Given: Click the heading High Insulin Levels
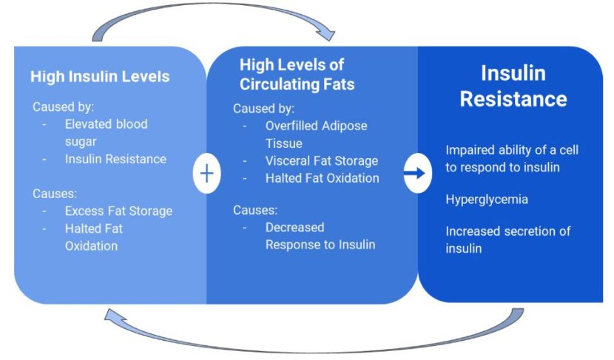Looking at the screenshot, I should point(100,76).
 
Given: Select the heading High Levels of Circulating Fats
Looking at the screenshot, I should point(297,75).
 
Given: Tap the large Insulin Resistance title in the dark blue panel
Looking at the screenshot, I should point(513,86).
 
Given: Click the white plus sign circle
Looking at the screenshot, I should point(206,174).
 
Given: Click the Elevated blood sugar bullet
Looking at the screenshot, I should point(106,132).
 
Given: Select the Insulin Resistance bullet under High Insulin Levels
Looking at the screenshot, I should point(115,159).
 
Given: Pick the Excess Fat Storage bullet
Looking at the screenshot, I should point(118,211).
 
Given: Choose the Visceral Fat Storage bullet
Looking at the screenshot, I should point(321,160).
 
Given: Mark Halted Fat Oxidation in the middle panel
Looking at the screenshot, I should point(322,178).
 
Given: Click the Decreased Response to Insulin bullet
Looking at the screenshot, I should point(320,236).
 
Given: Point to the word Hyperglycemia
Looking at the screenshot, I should point(487,200).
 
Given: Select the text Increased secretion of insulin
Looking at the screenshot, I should point(507,240).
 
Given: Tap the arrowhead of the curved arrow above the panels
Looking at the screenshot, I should point(325,33).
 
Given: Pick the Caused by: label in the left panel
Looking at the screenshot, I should point(63,106).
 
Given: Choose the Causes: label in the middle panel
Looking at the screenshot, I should point(255,210).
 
